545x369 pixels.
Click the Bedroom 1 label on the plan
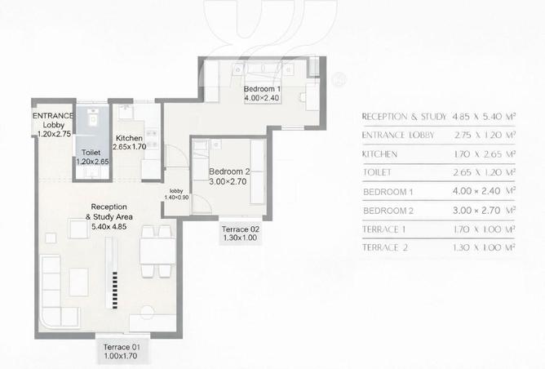tap(262, 89)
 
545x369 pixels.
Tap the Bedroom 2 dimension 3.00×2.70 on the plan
tap(228, 181)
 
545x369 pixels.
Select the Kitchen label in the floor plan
tap(129, 138)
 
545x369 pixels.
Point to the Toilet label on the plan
tap(91, 153)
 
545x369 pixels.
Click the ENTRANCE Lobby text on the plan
tap(53, 120)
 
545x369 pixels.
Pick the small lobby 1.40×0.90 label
tap(176, 194)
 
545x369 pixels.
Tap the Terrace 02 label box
tap(240, 233)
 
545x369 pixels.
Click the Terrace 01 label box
tap(122, 351)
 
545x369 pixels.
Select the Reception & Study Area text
tap(109, 211)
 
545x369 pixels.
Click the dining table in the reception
tap(157, 251)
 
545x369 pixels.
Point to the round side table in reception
tap(148, 312)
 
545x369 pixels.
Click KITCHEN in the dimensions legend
tap(379, 154)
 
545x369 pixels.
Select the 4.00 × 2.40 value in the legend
tap(476, 191)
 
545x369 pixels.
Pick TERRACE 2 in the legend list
tap(385, 247)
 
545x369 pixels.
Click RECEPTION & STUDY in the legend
tap(404, 117)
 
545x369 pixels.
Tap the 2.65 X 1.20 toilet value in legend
tap(476, 172)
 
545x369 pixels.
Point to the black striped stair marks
tap(115, 290)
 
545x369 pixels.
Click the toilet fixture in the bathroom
tap(93, 118)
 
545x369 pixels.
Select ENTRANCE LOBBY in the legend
tap(398, 135)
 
